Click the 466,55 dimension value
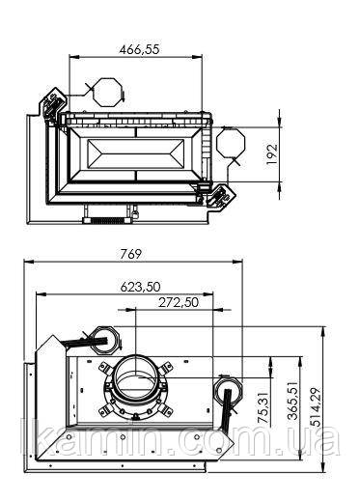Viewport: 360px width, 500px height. (139, 49)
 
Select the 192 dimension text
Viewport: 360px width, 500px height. (272, 154)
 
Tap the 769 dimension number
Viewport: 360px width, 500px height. (131, 254)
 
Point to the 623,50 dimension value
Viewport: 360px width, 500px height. (140, 287)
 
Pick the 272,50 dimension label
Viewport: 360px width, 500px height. (179, 302)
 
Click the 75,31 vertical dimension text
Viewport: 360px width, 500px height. (263, 407)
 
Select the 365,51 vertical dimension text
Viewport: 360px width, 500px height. (293, 401)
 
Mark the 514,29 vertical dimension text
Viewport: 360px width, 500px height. (317, 407)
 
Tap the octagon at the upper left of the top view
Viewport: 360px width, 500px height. (107, 92)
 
